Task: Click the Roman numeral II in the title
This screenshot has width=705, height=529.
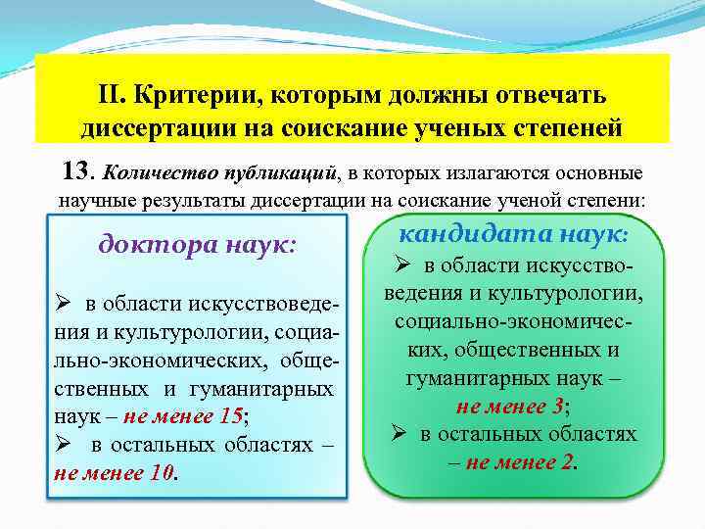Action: [x=111, y=96]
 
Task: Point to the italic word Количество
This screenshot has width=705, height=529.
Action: [x=153, y=174]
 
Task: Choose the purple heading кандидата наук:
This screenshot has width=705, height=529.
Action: [x=517, y=232]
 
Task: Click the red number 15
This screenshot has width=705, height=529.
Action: [x=230, y=414]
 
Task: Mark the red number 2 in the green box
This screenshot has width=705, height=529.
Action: [x=567, y=460]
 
